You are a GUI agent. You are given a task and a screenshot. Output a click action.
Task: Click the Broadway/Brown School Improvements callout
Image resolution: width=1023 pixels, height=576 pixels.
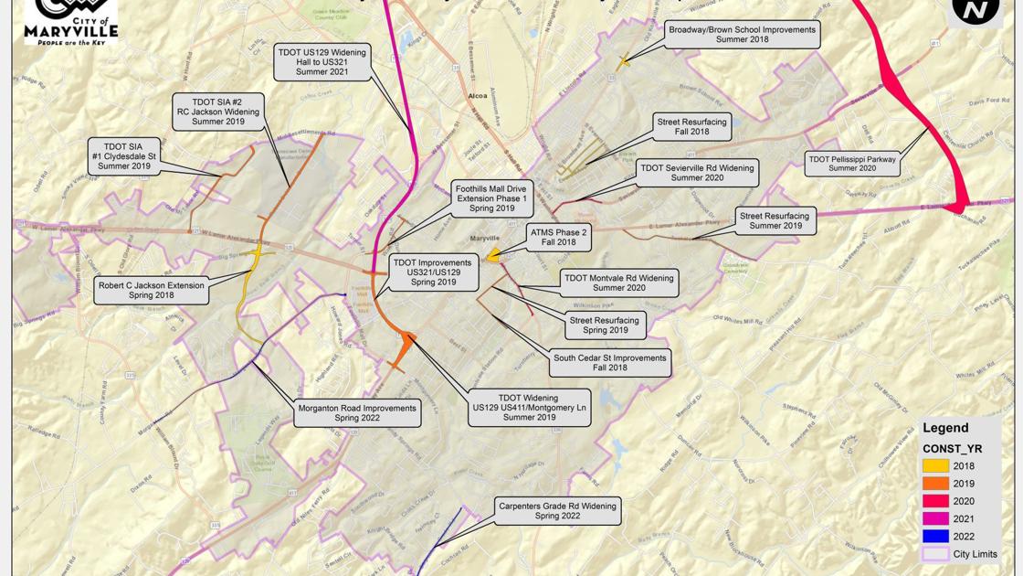click(x=741, y=35)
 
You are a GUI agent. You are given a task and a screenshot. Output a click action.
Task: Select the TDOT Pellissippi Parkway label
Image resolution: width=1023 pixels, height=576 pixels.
click(x=852, y=164)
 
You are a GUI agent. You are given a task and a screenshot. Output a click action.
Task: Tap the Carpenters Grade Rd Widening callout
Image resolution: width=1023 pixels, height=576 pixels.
click(x=556, y=510)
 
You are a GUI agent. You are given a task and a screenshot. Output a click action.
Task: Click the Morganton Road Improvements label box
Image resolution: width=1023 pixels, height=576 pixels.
click(x=356, y=413)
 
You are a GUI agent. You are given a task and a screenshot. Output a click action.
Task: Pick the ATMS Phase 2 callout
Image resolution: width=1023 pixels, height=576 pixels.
click(x=559, y=238)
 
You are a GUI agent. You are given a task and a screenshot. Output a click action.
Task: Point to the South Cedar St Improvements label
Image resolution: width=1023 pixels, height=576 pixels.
click(x=609, y=363)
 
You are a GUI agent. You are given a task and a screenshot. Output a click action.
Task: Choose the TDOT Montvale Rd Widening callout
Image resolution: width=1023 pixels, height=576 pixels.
click(x=618, y=283)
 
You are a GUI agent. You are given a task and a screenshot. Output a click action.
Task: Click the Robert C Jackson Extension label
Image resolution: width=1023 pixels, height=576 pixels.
click(x=152, y=291)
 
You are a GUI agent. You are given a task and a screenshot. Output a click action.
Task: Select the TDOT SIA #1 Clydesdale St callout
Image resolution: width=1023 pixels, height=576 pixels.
click(x=123, y=155)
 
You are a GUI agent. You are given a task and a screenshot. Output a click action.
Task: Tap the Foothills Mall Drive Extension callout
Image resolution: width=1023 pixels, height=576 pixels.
click(x=491, y=198)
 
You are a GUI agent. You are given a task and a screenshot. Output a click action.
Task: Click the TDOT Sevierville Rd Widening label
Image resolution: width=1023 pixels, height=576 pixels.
click(x=697, y=173)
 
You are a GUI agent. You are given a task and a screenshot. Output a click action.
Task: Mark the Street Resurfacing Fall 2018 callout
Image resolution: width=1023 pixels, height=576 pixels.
click(x=692, y=127)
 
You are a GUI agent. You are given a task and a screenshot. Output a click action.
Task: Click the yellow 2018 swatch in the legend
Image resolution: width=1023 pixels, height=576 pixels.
click(x=934, y=466)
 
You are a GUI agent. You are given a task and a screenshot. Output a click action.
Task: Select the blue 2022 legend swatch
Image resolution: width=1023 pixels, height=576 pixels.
click(x=934, y=537)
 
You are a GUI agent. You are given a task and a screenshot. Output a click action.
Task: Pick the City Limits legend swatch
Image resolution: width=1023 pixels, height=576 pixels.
click(x=934, y=554)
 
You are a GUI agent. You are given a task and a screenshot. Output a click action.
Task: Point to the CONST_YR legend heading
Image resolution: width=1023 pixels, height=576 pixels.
click(x=952, y=448)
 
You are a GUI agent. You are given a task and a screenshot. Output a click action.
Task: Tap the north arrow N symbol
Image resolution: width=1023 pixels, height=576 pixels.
click(x=975, y=10)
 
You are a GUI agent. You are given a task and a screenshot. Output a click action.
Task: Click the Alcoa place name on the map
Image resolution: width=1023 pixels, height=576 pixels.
click(x=477, y=95)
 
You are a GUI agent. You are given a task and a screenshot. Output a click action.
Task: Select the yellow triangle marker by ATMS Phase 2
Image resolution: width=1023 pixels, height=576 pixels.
click(x=493, y=256)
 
